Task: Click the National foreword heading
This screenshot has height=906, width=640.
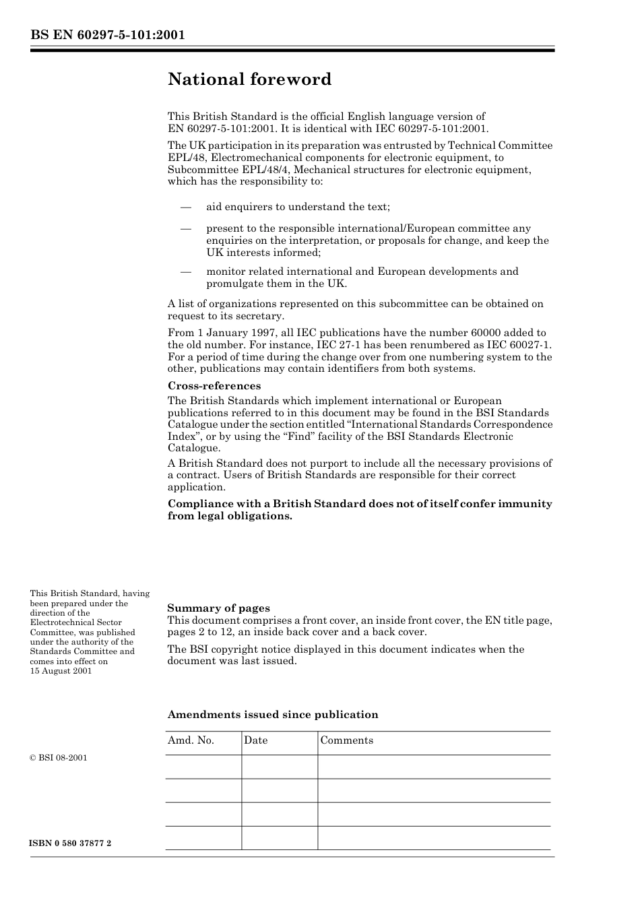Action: click(249, 79)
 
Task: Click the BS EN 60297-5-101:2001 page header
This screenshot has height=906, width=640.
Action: click(107, 36)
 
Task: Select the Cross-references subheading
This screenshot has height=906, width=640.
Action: click(214, 386)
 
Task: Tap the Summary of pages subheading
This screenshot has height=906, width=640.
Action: click(218, 608)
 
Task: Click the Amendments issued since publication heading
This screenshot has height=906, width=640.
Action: click(272, 715)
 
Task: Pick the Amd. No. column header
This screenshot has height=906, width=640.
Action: click(191, 740)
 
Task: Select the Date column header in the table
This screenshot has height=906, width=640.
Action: click(255, 740)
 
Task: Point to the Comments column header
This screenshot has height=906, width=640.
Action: click(346, 740)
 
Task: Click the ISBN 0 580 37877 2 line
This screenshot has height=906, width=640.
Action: click(71, 843)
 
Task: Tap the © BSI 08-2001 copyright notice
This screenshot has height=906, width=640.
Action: click(59, 758)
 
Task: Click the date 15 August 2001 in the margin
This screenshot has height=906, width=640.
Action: click(61, 671)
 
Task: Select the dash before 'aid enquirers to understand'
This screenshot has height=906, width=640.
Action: click(186, 207)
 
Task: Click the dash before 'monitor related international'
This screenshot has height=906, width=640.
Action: click(186, 271)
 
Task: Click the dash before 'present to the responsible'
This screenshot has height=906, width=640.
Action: click(186, 228)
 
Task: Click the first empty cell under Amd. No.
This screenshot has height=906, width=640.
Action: click(203, 767)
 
